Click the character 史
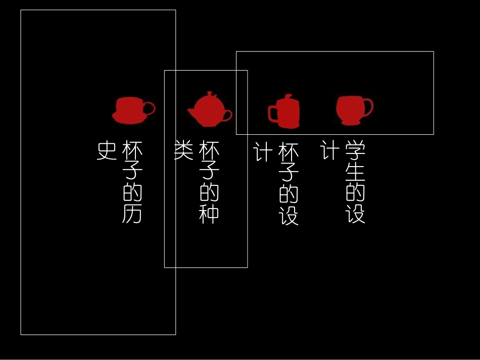(x=107, y=150)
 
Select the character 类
(x=184, y=150)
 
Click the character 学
(x=356, y=150)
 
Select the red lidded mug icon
(x=285, y=112)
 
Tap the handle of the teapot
(x=227, y=115)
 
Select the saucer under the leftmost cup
(x=129, y=120)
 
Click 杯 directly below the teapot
(x=209, y=150)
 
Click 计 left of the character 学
(x=330, y=150)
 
